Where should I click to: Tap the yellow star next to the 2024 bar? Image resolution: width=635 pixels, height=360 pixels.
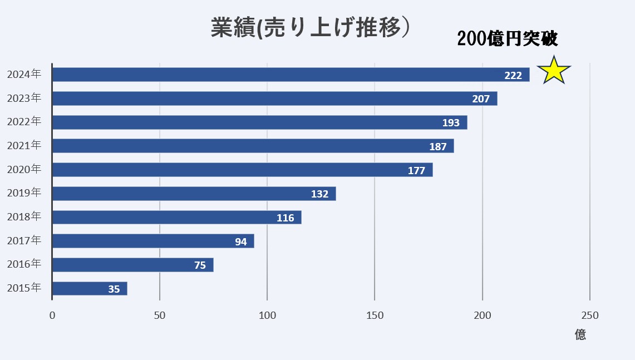(554, 71)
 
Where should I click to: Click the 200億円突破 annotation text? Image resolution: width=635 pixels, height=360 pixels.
(507, 38)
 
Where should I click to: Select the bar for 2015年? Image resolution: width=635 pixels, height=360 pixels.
(90, 289)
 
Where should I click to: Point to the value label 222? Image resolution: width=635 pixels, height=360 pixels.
(513, 75)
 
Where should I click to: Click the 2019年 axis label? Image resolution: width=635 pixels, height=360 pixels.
(24, 193)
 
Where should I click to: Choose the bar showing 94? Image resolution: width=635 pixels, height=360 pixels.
(153, 241)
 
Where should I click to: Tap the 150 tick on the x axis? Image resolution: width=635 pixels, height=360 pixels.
(375, 315)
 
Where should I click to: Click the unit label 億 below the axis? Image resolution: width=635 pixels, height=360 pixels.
(580, 335)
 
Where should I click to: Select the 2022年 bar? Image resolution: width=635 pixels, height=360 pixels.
(259, 122)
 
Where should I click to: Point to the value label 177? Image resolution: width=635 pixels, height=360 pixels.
(416, 170)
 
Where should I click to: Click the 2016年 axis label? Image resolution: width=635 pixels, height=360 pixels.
(24, 264)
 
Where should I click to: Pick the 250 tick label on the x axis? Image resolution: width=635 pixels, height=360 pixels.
(589, 315)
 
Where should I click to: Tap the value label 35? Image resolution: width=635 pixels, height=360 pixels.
(114, 289)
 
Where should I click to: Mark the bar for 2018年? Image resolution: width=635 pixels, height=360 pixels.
(176, 218)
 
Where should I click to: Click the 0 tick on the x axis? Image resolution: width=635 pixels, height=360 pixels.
(52, 315)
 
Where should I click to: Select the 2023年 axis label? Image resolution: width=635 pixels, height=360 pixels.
(24, 98)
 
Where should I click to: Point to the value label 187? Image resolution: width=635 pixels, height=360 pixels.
(438, 146)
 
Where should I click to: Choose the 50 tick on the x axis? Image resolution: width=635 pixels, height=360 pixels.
(160, 315)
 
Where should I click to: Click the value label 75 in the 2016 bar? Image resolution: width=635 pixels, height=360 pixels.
(200, 265)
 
